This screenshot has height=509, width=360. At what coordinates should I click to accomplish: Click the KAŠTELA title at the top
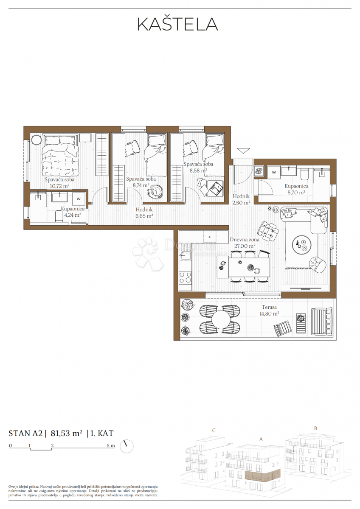[177, 24]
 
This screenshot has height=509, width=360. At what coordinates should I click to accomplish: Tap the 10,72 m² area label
[59, 186]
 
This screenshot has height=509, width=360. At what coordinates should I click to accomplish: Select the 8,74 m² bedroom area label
[141, 185]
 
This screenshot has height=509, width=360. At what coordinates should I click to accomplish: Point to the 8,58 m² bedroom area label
[198, 171]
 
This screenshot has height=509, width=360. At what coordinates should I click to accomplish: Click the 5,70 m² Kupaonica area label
[296, 192]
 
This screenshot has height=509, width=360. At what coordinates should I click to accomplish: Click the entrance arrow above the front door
[244, 151]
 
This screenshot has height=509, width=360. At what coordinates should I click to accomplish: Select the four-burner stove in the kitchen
[186, 277]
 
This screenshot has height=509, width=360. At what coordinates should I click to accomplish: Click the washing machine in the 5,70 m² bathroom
[274, 172]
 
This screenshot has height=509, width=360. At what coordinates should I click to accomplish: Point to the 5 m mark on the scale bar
[111, 446]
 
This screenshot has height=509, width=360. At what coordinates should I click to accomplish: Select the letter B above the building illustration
[315, 428]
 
